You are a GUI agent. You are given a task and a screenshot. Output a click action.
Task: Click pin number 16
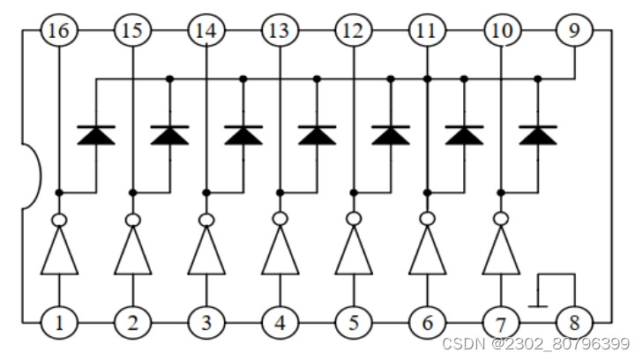click(59, 32)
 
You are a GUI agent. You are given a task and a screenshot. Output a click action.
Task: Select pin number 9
click(574, 32)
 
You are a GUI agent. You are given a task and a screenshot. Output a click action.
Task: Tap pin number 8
click(574, 323)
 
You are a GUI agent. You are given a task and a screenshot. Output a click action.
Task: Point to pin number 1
click(59, 323)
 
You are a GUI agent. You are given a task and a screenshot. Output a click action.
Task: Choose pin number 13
click(280, 32)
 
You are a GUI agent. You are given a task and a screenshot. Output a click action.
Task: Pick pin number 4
click(280, 323)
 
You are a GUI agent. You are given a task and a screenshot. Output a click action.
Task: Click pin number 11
click(427, 32)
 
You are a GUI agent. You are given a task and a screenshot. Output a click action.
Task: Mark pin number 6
click(427, 323)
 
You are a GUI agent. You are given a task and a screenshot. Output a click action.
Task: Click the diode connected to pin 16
click(96, 135)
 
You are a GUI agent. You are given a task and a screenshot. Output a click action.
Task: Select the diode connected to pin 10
click(537, 135)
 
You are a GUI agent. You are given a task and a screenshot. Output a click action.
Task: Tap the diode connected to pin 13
click(317, 135)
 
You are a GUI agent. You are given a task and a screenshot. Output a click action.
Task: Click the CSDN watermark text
click(535, 343)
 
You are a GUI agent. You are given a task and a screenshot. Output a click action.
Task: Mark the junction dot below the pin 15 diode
click(132, 191)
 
